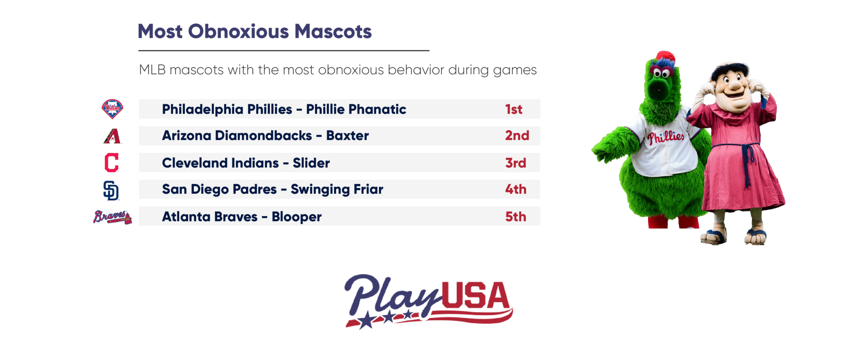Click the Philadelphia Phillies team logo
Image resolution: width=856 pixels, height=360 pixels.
[112, 109]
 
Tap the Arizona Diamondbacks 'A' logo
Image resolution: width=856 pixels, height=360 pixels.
[112, 136]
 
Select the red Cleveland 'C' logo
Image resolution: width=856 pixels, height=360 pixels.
[112, 163]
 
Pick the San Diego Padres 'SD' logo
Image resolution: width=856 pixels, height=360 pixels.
[111, 191]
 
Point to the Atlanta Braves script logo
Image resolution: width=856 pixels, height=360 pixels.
[112, 217]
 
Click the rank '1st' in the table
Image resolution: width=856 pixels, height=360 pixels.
[514, 109]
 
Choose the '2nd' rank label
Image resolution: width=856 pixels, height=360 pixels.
[517, 135]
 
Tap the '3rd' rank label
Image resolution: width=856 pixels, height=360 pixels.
[516, 163]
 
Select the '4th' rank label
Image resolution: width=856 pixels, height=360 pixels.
[516, 189]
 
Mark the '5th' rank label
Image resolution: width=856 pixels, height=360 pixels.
[516, 217]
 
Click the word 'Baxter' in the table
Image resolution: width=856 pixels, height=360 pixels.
[347, 135]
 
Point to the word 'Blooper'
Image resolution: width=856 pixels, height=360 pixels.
[297, 217]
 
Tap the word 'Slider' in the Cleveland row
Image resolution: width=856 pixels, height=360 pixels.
[311, 163]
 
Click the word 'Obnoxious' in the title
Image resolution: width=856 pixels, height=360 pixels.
[238, 31]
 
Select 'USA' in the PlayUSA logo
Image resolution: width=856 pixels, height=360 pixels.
[476, 296]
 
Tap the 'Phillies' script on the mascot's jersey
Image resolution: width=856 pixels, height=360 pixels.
[666, 137]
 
